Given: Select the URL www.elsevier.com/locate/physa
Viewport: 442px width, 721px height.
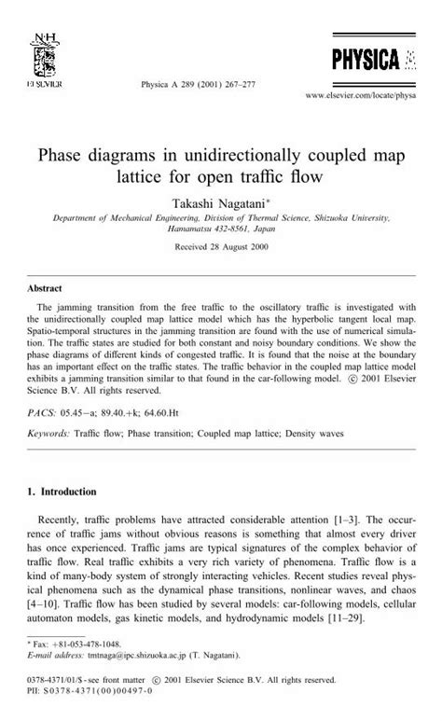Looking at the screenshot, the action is tap(364, 95).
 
